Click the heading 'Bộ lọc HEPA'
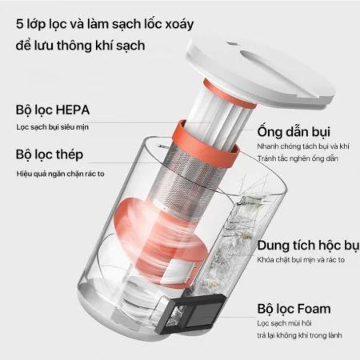[x=52, y=110]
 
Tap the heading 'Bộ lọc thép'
[x=49, y=155]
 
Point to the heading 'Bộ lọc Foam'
[x=294, y=309]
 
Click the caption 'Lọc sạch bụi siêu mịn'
[x=53, y=127]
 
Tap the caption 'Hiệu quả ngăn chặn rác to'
[x=60, y=173]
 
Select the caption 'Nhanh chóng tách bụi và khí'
[x=304, y=147]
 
